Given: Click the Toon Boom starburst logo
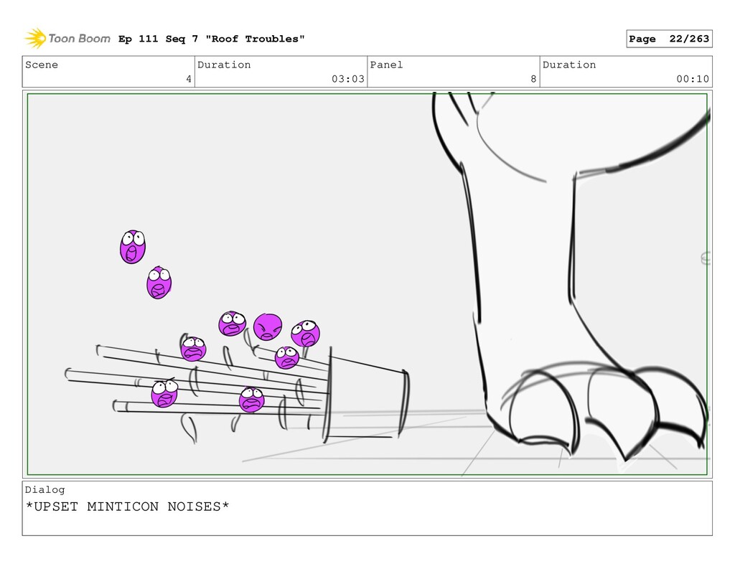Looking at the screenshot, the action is point(35,38).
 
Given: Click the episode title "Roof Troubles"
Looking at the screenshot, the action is point(255,39).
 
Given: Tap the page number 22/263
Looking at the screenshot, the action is point(689,39).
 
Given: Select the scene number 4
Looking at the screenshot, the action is point(189,79).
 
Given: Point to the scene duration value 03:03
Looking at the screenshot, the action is point(348,79).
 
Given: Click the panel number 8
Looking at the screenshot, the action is point(533,79).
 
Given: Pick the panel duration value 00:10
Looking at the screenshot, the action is point(693,79).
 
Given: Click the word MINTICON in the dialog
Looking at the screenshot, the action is point(123,507).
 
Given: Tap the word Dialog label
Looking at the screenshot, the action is point(45,490).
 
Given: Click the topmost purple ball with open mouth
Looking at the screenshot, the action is point(133,247).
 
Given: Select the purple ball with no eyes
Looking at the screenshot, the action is point(268,326).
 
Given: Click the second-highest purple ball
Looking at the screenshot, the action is point(159,283).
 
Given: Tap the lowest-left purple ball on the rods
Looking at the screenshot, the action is point(164,392).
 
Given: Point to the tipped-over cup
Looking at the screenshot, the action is point(365,395).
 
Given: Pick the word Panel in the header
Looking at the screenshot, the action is point(386,65).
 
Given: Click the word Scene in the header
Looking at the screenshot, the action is point(42,65).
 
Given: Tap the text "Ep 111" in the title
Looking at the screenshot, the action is point(139,39).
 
